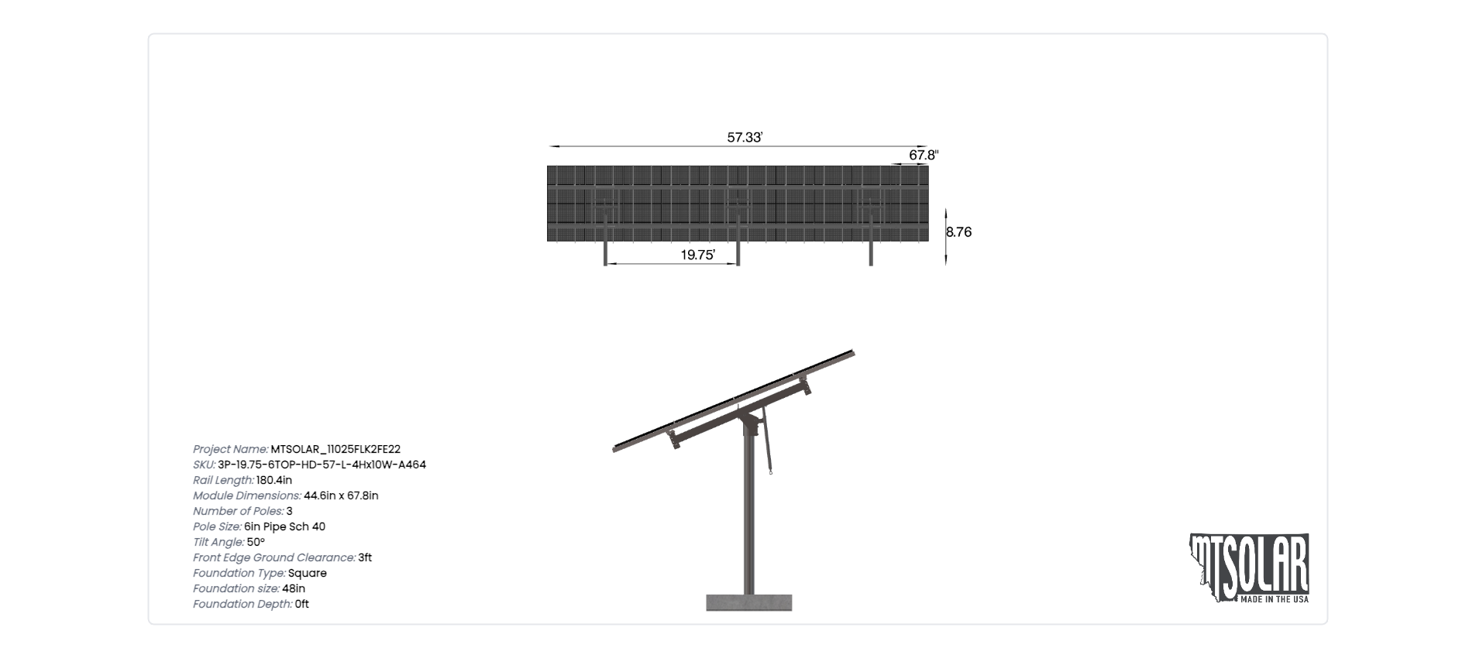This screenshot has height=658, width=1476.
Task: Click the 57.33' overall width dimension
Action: click(x=745, y=138)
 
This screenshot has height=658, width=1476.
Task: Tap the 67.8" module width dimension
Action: click(x=924, y=155)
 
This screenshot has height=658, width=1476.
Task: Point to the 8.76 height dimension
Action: click(x=958, y=231)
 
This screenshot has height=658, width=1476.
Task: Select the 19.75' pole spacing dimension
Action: click(x=697, y=255)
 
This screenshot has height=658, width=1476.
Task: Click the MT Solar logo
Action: click(x=1248, y=568)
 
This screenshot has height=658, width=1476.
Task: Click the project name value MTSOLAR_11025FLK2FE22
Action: click(x=335, y=449)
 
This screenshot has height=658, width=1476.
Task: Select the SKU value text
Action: click(x=322, y=464)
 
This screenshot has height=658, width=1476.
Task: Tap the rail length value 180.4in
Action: click(x=274, y=480)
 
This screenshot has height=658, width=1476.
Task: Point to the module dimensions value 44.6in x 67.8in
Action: click(x=341, y=495)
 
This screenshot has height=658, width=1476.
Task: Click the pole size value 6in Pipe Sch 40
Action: click(x=284, y=526)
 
